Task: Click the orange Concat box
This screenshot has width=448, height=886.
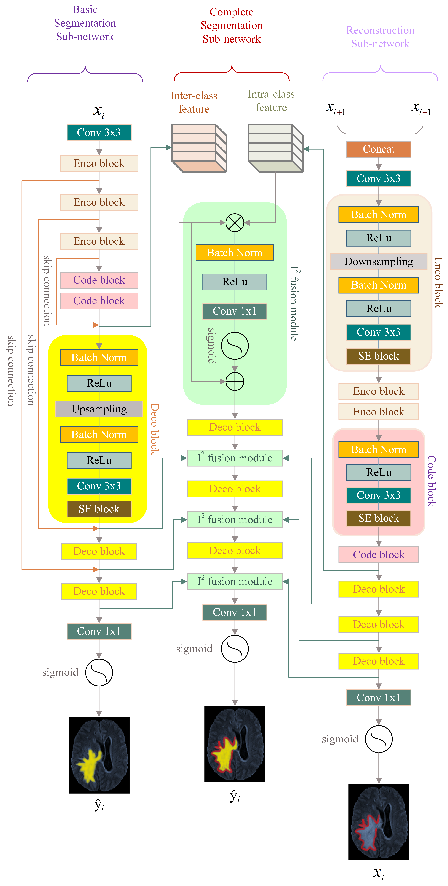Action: pos(378,149)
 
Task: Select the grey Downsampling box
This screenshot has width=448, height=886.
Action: pos(378,261)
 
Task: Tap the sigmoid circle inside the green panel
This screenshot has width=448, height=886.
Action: pos(235,346)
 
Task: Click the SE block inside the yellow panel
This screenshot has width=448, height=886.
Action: pos(99,509)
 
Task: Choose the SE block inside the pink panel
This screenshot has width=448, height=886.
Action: pos(378,518)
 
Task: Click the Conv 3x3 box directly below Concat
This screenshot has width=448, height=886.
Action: pos(378,178)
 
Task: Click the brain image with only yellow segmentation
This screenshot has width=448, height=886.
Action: pos(99,755)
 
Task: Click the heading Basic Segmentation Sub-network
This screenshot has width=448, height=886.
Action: pos(85,23)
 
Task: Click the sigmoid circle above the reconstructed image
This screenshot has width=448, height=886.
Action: pos(378,739)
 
